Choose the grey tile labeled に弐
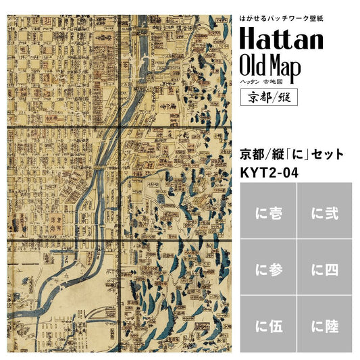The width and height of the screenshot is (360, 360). coord(324,214)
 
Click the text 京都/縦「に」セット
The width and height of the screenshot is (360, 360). coord(292,154)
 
